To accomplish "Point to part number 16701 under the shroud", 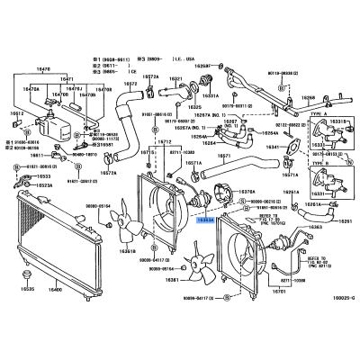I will pos(280,291).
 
